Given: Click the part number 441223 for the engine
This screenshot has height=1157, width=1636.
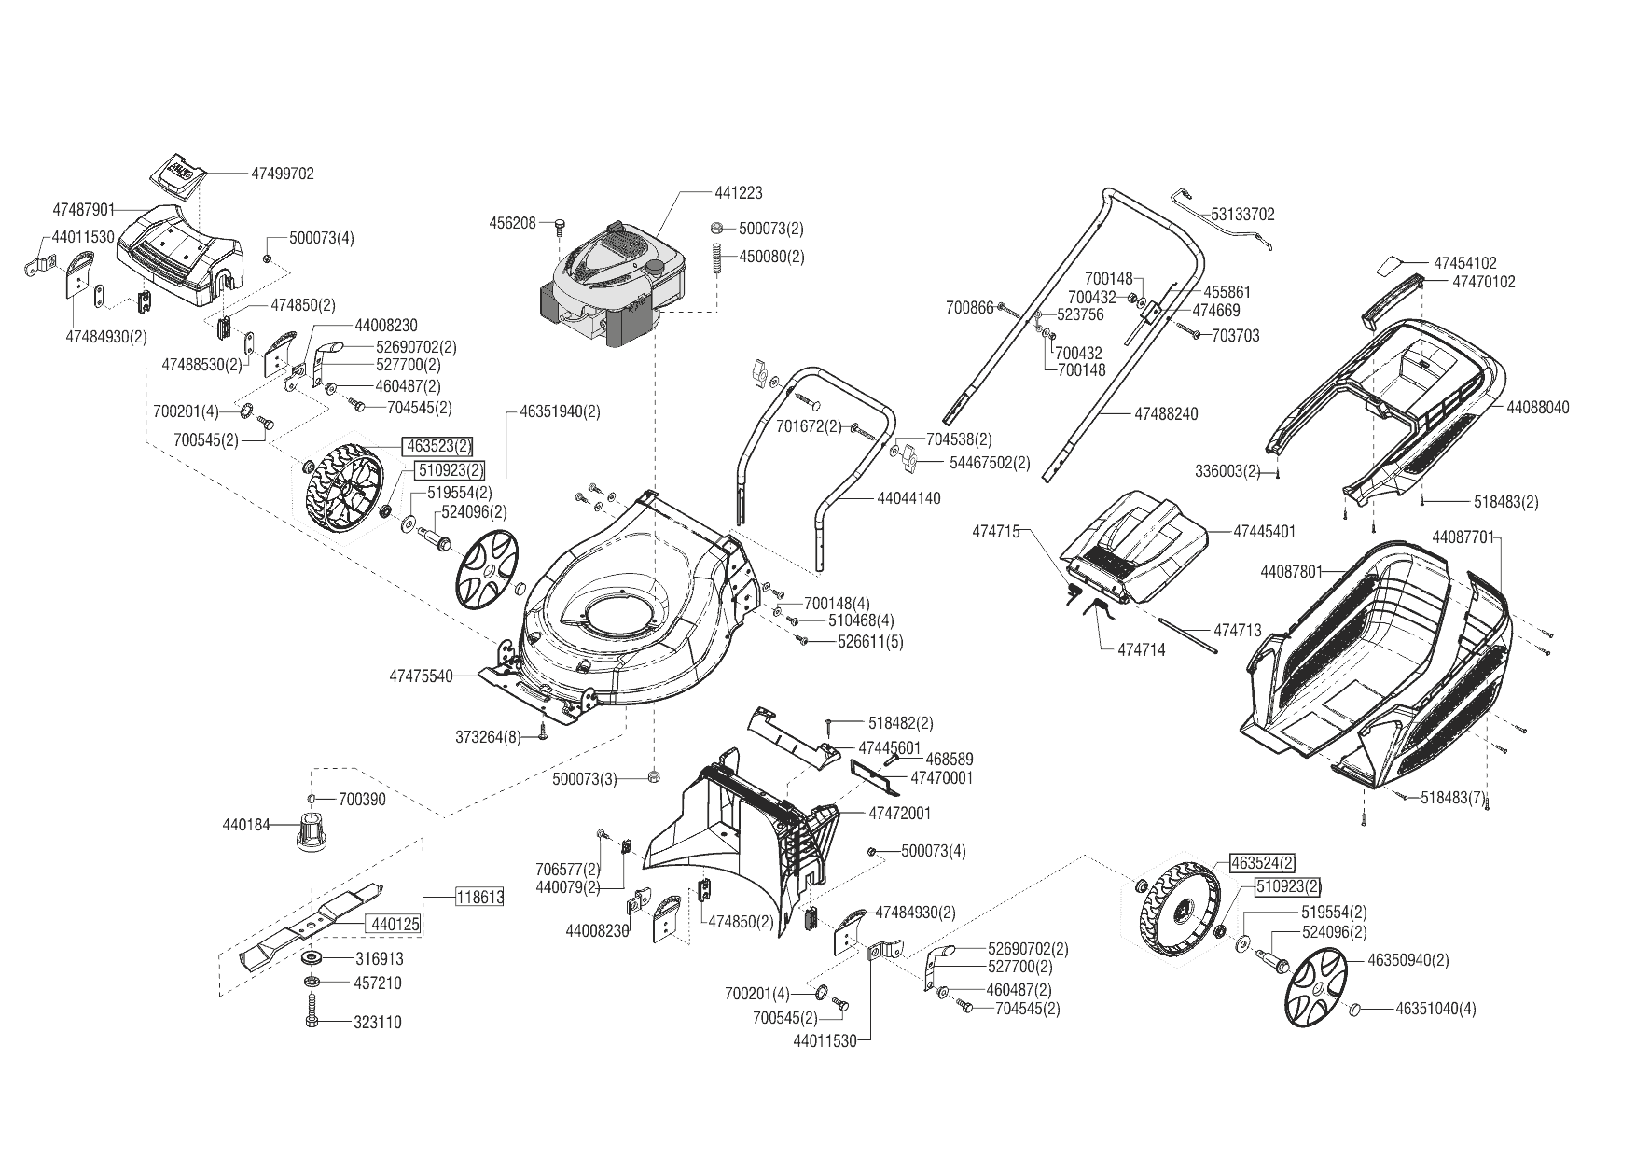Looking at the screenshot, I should click(738, 193).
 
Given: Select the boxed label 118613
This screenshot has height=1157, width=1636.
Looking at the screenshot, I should click(480, 898).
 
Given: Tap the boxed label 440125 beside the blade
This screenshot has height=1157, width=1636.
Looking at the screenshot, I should click(395, 924).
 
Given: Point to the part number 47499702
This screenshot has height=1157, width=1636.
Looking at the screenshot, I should click(283, 174).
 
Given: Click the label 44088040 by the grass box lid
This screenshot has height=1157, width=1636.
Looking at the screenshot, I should click(1537, 408).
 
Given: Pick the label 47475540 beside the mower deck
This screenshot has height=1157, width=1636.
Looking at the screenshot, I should click(421, 675).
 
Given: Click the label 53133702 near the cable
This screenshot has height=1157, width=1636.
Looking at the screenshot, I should click(1242, 215).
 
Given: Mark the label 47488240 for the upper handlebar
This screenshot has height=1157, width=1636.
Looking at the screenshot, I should click(1166, 413).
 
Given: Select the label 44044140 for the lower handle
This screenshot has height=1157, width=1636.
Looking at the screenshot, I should click(908, 498).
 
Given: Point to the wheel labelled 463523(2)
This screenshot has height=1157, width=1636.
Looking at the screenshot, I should click(341, 490).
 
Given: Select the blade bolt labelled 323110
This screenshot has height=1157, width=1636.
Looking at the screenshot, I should click(312, 1014).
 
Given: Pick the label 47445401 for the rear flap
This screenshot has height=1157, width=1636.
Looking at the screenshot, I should click(1264, 532).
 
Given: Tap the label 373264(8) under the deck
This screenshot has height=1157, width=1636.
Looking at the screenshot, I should click(489, 737).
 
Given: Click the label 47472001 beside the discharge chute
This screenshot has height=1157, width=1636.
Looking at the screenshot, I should click(899, 814).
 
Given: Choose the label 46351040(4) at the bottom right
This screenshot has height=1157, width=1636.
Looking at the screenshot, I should click(1435, 1009).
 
